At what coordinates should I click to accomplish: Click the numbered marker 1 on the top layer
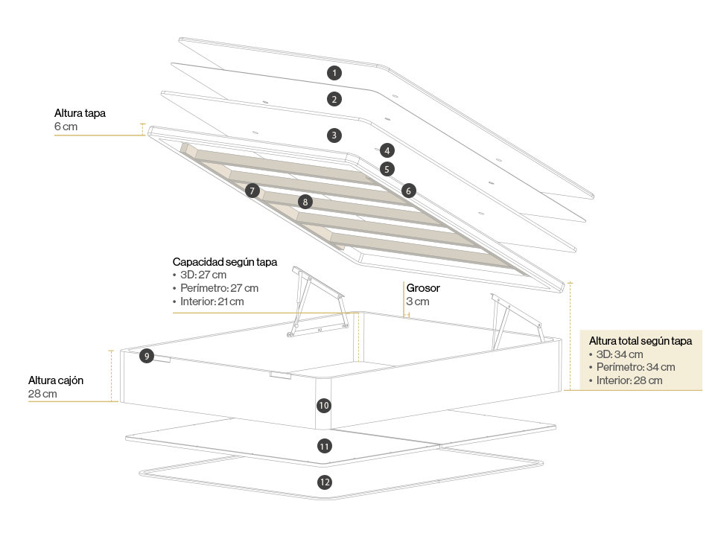(335, 72)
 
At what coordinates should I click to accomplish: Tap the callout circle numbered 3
(335, 135)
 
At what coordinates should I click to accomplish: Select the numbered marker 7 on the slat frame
(252, 191)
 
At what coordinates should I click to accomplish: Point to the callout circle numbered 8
(304, 202)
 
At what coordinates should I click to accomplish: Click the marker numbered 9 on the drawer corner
(147, 357)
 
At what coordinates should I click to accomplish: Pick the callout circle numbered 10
(323, 406)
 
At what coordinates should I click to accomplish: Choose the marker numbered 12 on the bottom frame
(324, 482)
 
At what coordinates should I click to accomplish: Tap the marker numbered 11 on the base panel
(324, 447)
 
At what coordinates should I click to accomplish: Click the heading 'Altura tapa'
(80, 113)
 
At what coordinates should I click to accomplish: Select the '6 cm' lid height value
(66, 127)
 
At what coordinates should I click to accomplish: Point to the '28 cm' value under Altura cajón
(42, 394)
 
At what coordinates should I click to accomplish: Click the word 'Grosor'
(423, 287)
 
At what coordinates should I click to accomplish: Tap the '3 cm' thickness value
(418, 301)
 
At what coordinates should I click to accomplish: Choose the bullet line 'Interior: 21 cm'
(212, 301)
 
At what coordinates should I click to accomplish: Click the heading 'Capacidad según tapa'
(225, 262)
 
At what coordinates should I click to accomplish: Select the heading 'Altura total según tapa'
(641, 340)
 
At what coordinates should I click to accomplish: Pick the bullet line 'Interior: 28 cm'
(629, 380)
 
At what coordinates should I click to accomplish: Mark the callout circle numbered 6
(408, 191)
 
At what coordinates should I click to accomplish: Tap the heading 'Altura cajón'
(56, 380)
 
